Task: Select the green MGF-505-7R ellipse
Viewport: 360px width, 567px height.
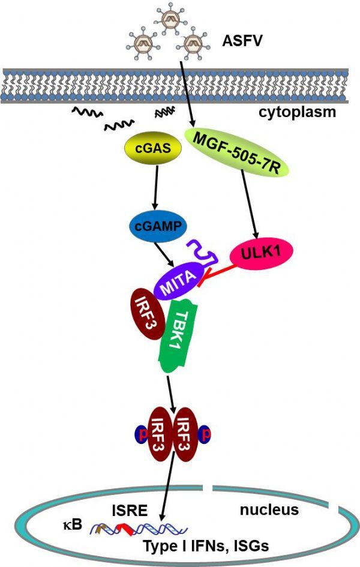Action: (237, 153)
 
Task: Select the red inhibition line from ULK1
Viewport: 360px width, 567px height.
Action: (218, 274)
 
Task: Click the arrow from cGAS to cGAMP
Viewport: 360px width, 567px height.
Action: (156, 187)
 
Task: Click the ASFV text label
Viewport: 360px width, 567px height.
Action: (242, 41)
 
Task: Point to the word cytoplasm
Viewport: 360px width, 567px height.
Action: (297, 112)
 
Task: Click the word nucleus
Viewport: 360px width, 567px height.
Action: (269, 509)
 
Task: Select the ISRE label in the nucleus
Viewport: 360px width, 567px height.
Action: (130, 511)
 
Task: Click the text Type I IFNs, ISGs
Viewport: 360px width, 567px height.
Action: (206, 545)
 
